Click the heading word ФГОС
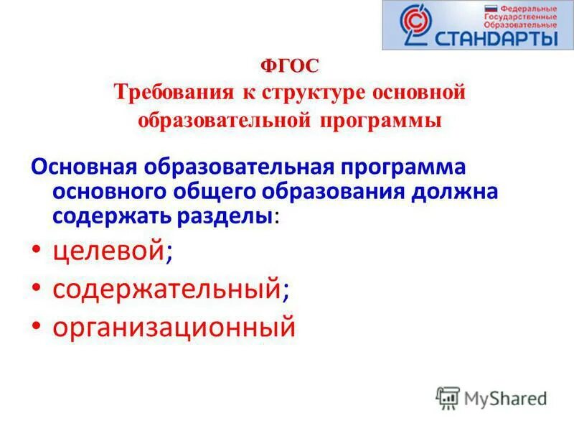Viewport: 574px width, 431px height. pyautogui.click(x=289, y=65)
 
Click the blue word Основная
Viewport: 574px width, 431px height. pyautogui.click(x=85, y=167)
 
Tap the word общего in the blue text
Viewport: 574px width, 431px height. pyautogui.click(x=214, y=193)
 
